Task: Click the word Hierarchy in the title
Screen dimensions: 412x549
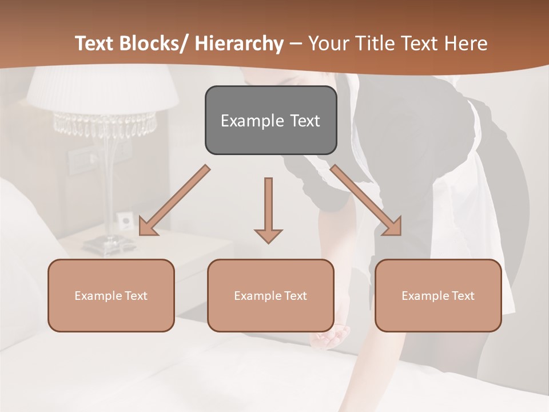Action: [240, 43]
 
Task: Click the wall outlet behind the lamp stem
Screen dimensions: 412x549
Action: [124, 219]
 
